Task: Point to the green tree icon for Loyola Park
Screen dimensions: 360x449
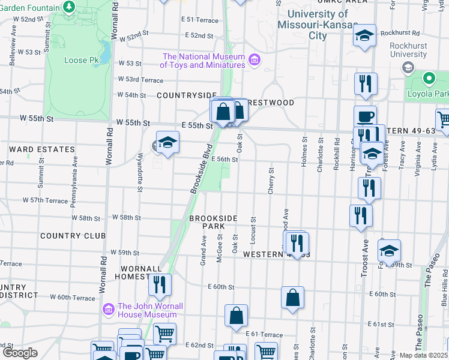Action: point(429,79)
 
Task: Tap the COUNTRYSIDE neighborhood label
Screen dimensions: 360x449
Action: point(186,95)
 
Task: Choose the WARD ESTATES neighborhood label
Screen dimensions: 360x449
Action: point(41,149)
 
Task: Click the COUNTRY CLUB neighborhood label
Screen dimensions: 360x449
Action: point(73,236)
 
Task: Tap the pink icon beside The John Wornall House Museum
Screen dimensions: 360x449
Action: point(109,310)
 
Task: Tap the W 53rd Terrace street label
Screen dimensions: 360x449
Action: point(140,79)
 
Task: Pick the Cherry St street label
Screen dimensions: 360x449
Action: point(271,181)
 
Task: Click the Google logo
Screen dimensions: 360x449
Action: point(20,353)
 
